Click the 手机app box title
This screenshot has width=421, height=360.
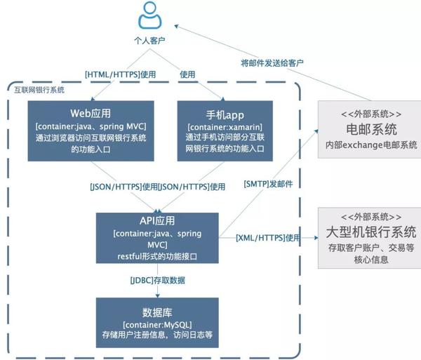(225, 113)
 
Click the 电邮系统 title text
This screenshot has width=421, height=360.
(371, 129)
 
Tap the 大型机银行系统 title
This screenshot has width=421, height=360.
(371, 231)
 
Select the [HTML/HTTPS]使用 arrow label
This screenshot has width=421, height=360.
(120, 73)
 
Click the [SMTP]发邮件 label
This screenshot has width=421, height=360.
(268, 184)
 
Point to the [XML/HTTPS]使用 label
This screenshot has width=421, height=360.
(268, 239)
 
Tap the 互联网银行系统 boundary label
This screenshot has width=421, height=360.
(39, 89)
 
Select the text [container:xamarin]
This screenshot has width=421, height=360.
(225, 126)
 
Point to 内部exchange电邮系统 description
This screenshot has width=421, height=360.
(371, 145)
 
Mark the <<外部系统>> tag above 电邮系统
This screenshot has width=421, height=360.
(371, 113)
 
